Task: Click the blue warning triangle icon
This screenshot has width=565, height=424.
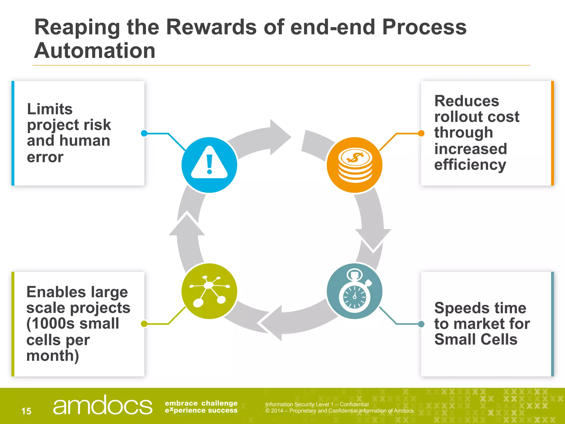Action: point(209,165)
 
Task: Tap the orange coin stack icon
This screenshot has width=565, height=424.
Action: point(355,165)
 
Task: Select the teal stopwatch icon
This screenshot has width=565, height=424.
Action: point(355,291)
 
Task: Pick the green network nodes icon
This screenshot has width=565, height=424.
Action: point(209,291)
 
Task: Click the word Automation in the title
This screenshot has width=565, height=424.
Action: point(95,51)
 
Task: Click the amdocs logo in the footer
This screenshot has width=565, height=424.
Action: point(102,405)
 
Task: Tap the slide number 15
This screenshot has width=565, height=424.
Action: point(26,411)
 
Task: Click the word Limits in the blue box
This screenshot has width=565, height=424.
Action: point(50,109)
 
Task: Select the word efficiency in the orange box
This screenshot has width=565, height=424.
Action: point(470,165)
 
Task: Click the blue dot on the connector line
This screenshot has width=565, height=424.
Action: point(144,133)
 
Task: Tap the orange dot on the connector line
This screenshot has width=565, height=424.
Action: point(421,133)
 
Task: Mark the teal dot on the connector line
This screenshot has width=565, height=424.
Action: point(421,324)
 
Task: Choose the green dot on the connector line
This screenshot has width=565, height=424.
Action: point(144,324)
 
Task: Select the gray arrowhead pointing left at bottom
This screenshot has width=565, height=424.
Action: point(272,323)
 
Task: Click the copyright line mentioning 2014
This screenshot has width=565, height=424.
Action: point(339,411)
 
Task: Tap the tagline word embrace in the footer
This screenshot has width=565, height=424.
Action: point(181,403)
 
